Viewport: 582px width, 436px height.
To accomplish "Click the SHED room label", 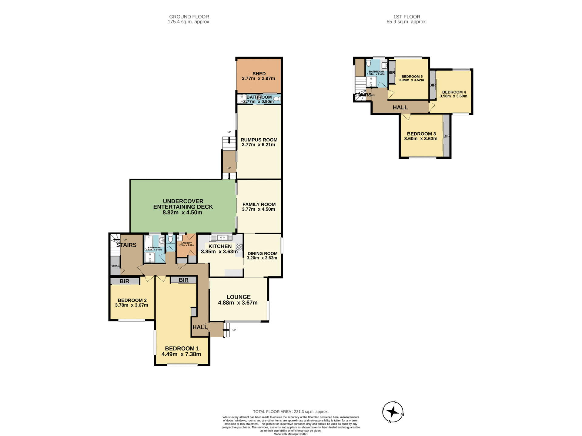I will (259, 74).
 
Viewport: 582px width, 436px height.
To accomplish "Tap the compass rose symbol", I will (393, 412).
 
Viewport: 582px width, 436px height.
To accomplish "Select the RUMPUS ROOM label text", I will (259, 140).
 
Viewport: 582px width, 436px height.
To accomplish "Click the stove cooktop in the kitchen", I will (239, 247).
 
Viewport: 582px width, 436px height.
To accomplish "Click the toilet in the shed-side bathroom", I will (276, 99).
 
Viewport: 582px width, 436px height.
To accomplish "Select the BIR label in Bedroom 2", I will (124, 281).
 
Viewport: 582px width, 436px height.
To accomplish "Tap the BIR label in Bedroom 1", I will (183, 280).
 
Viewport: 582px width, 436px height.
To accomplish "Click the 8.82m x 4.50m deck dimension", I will (182, 213).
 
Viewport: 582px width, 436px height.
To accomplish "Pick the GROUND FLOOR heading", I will (189, 17).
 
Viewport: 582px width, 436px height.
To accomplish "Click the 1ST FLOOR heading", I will (406, 17).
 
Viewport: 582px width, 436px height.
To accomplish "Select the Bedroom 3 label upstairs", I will (421, 134).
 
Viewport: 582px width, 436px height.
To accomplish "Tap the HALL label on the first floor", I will (400, 107).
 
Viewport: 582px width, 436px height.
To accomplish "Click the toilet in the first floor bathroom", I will (369, 63).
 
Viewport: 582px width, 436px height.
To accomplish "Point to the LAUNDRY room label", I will (186, 243).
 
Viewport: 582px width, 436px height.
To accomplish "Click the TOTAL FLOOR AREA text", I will (291, 411).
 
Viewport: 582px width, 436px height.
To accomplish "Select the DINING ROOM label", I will (262, 254).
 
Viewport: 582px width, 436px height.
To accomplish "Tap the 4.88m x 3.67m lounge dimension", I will (238, 303).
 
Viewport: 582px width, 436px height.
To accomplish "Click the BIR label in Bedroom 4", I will (433, 85).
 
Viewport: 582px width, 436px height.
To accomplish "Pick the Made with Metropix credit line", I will (291, 434).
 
